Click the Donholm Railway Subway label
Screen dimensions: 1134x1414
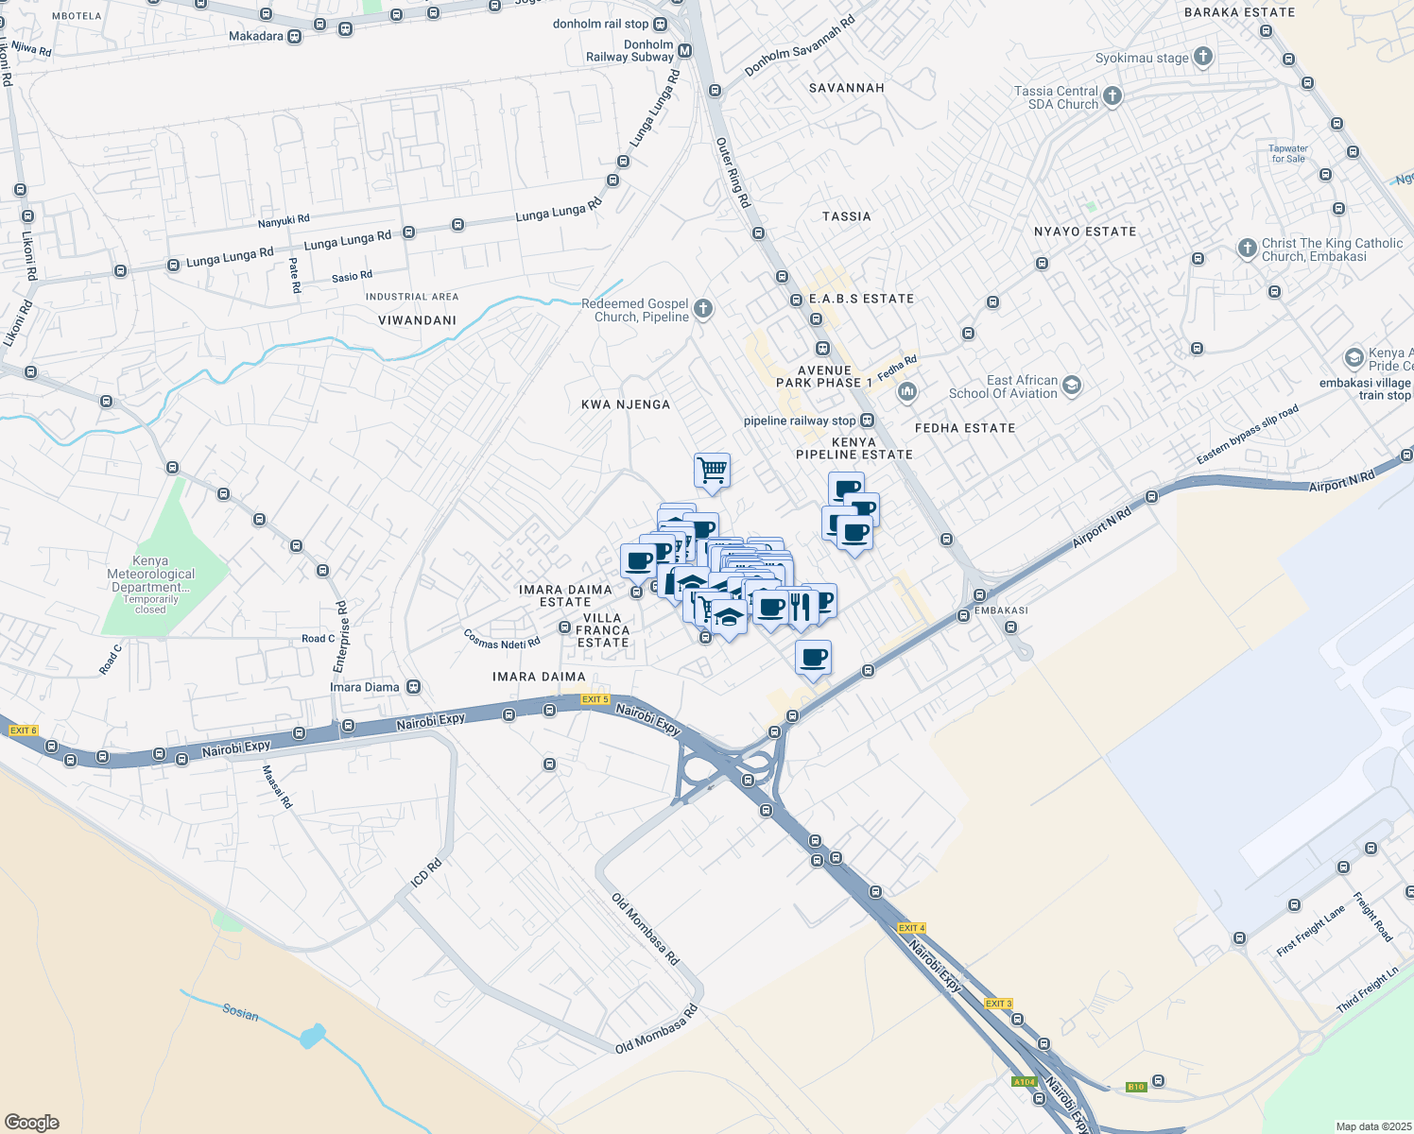tap(629, 51)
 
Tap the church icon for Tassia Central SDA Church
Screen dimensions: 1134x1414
tap(1112, 96)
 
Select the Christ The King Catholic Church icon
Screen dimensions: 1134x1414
tap(1248, 249)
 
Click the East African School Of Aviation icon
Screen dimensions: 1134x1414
tap(1071, 386)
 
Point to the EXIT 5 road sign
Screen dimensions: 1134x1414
tap(594, 699)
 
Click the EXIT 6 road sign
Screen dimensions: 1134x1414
tap(23, 730)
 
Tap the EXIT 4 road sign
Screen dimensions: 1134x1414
tap(911, 928)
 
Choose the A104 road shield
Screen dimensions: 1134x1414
tap(1024, 1082)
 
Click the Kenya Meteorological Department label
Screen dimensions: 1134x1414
tap(151, 574)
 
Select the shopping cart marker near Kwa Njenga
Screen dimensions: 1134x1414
tap(712, 470)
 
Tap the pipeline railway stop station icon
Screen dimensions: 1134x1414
tap(867, 421)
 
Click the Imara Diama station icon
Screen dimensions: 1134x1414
tap(413, 687)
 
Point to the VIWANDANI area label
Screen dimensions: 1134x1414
tap(417, 320)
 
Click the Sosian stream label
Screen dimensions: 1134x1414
tap(240, 1013)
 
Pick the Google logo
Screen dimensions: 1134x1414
tap(31, 1123)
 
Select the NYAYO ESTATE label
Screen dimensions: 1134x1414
tap(1085, 232)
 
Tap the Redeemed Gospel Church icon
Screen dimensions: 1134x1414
tap(702, 309)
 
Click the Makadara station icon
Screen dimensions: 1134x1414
tap(295, 37)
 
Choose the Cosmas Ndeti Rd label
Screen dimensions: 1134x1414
tap(502, 639)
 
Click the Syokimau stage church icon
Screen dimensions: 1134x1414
tap(1203, 58)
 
